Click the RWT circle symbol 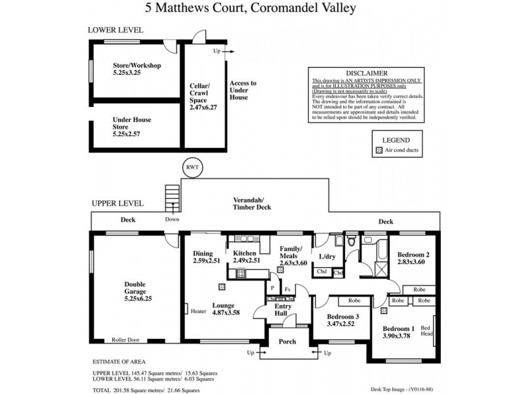pyautogui.click(x=192, y=167)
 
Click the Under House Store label pyautogui.click(x=131, y=129)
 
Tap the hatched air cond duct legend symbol pyautogui.click(x=377, y=150)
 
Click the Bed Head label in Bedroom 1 pyautogui.click(x=425, y=332)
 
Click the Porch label pyautogui.click(x=287, y=341)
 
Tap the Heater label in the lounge pyautogui.click(x=199, y=311)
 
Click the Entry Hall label pyautogui.click(x=283, y=310)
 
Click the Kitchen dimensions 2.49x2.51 pyautogui.click(x=247, y=260)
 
